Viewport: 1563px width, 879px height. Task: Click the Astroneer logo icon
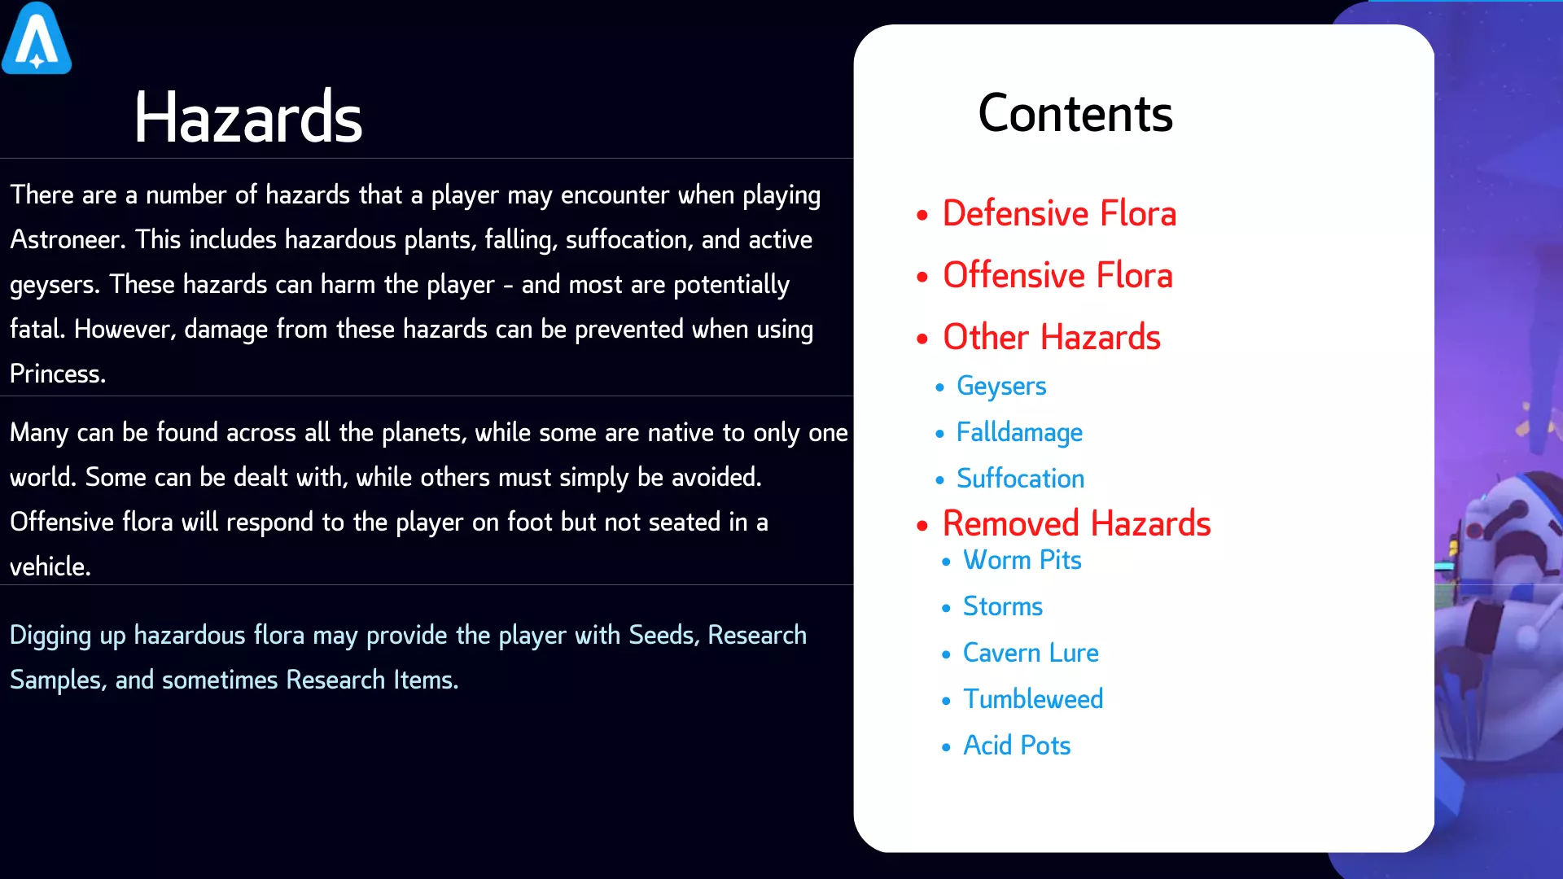click(x=37, y=38)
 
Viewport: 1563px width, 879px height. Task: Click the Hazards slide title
click(x=248, y=118)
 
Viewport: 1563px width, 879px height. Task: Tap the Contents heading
click(x=1075, y=113)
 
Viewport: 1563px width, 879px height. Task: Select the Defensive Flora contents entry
click(x=1059, y=213)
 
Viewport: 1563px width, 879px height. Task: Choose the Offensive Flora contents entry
click(x=1057, y=275)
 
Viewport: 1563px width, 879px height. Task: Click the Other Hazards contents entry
click(x=1052, y=337)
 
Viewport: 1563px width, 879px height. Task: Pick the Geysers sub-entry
click(x=1001, y=386)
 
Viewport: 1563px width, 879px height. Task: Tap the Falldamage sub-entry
click(x=1019, y=432)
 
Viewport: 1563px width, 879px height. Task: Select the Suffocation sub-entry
click(x=1020, y=478)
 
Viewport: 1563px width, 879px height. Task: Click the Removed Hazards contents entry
click(x=1076, y=523)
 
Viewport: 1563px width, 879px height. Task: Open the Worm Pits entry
click(x=1022, y=560)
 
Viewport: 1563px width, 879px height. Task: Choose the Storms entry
click(x=1002, y=606)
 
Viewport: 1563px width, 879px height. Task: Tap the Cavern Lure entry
click(x=1031, y=653)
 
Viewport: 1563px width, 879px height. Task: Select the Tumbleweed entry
click(x=1033, y=699)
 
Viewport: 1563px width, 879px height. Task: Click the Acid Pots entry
click(x=1017, y=746)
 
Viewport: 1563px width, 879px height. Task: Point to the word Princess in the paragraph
click(x=57, y=374)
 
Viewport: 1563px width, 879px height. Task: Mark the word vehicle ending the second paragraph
click(x=50, y=566)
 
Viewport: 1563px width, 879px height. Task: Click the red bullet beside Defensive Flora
click(x=922, y=216)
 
